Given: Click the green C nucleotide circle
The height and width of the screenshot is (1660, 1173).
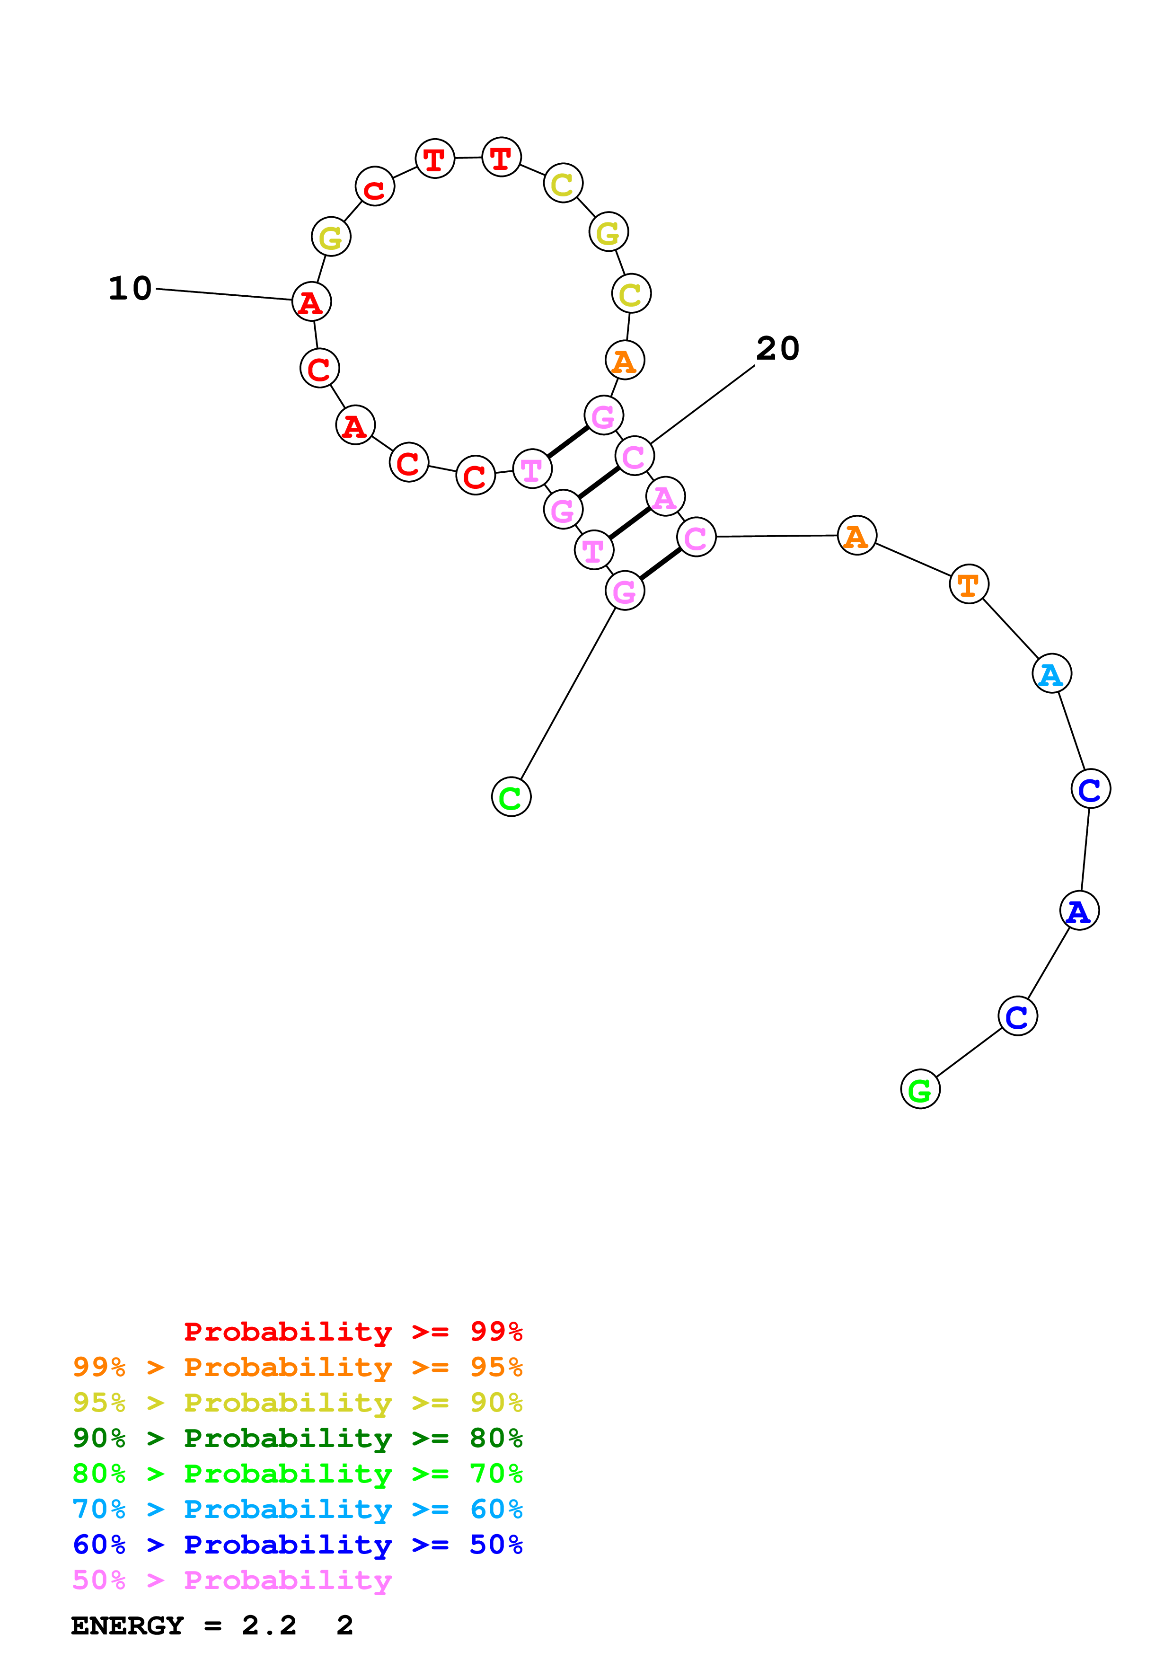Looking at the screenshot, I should tap(511, 797).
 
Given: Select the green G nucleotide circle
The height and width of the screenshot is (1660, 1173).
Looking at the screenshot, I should tap(920, 1089).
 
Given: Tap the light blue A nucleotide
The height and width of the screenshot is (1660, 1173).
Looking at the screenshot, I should tap(1051, 674).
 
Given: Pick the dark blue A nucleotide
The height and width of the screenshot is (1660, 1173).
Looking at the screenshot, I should tap(1079, 910).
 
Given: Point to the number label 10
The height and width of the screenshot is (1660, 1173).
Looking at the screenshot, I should tap(130, 289).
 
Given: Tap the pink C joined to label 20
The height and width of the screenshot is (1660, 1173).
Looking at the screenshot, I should tap(635, 456).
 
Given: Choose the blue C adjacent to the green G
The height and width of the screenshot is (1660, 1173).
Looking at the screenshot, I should tap(1018, 1016).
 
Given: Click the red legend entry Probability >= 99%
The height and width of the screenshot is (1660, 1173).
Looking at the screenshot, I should tap(353, 1331).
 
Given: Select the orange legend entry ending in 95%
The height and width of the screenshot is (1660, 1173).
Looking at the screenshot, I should tap(298, 1367).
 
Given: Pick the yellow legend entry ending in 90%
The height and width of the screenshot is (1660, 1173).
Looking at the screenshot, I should tap(298, 1402).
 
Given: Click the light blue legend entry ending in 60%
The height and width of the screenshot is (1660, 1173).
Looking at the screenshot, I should tap(298, 1509).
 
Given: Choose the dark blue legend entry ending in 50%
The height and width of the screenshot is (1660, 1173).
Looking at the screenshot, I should tap(298, 1545).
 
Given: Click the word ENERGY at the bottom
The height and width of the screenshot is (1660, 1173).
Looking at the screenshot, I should tap(127, 1625).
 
